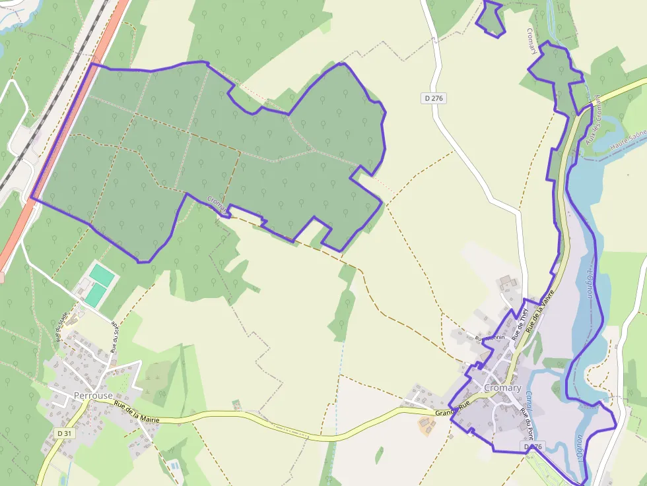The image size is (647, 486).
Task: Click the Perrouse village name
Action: click(x=93, y=396)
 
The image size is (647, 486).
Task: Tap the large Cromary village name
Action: click(x=502, y=388)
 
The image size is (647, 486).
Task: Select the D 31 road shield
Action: click(x=63, y=433)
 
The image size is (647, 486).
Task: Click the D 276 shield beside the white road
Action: click(x=434, y=98)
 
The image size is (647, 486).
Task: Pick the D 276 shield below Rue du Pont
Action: click(x=533, y=447)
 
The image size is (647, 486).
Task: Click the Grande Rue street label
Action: click(x=452, y=408)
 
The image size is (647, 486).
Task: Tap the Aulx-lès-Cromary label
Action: click(x=592, y=121)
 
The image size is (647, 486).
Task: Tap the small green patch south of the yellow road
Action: click(x=379, y=456)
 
